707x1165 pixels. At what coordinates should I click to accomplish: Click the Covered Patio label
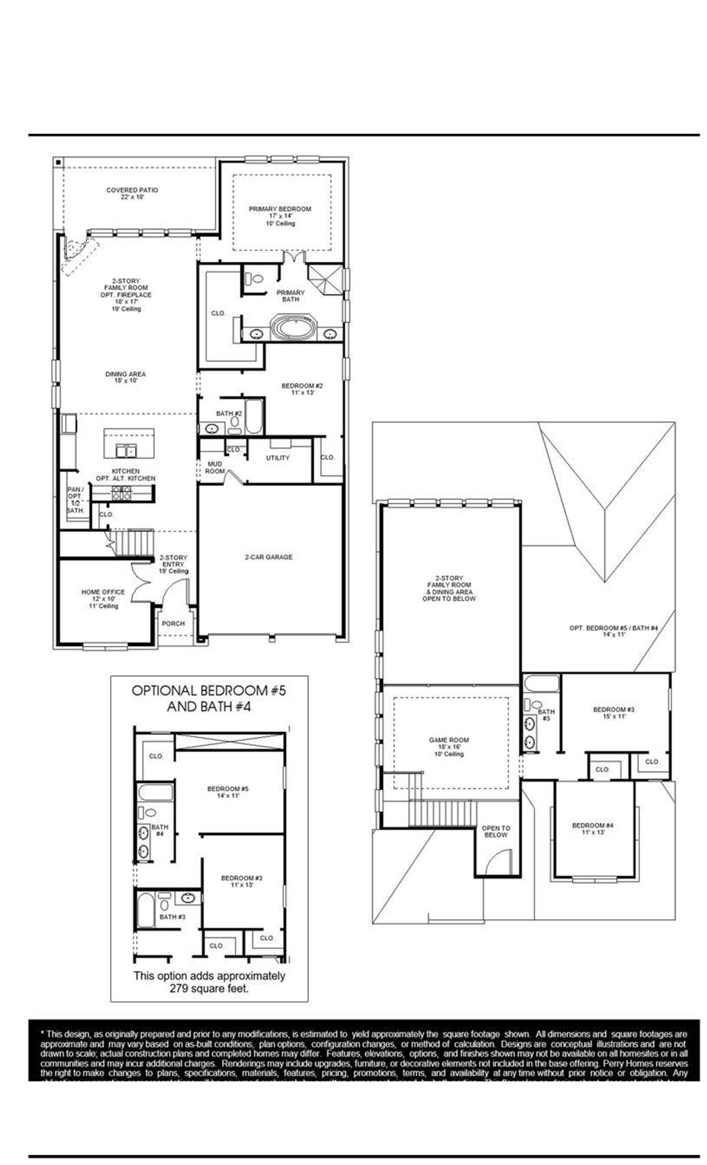click(132, 193)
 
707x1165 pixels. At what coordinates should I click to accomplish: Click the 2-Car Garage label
click(268, 557)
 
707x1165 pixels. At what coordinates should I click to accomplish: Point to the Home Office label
click(103, 599)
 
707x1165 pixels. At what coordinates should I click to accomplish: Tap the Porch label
click(173, 623)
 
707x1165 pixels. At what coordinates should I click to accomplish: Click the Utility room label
click(277, 458)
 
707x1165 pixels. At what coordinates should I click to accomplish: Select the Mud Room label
click(215, 468)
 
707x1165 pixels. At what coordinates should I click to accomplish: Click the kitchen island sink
click(126, 452)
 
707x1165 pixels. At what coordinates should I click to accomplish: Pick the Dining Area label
click(125, 377)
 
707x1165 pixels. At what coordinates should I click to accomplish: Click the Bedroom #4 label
click(593, 828)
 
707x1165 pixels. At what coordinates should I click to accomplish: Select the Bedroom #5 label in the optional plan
click(228, 792)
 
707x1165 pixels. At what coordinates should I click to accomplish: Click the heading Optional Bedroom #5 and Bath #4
click(208, 698)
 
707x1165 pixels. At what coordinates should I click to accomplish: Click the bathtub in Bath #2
click(255, 418)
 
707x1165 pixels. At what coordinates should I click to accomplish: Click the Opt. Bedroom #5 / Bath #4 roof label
click(613, 631)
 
